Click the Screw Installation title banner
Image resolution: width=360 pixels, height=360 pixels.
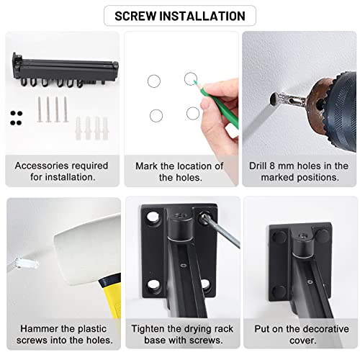pyautogui.click(x=179, y=15)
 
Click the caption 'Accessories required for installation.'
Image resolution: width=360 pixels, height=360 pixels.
pyautogui.click(x=61, y=171)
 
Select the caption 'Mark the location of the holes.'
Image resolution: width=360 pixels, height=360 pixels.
pyautogui.click(x=179, y=171)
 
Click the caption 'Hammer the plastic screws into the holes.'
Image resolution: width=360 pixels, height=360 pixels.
pyautogui.click(x=61, y=334)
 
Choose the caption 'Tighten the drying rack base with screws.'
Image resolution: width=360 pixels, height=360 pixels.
pyautogui.click(x=179, y=334)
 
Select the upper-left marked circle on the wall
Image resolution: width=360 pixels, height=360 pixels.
pyautogui.click(x=154, y=82)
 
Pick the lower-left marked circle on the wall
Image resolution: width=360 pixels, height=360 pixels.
pyautogui.click(x=156, y=115)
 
